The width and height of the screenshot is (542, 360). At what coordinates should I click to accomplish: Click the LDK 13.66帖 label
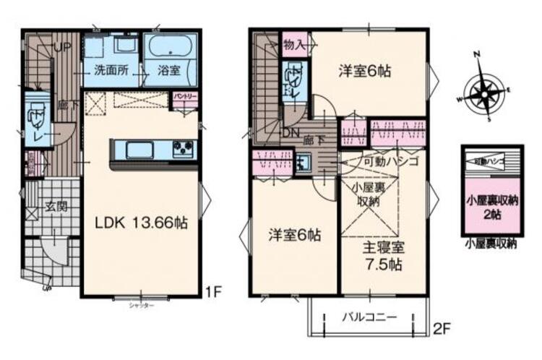(x=142, y=223)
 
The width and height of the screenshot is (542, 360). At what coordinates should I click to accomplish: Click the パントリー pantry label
(x=185, y=95)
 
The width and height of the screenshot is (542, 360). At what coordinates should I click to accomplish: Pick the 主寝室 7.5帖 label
(x=384, y=254)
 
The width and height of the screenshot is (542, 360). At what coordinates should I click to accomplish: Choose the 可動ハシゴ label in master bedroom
(x=391, y=162)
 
